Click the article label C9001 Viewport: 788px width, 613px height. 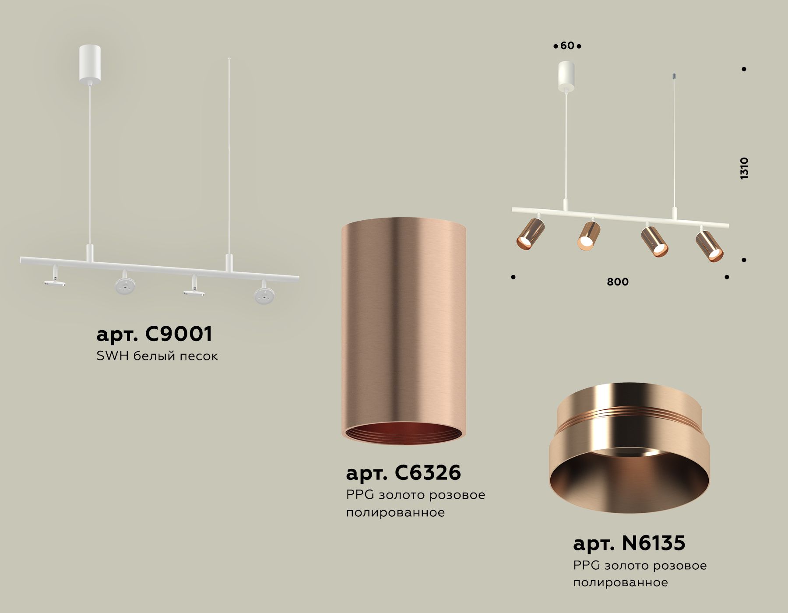[x=154, y=334]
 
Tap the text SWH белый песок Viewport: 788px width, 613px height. [x=157, y=356]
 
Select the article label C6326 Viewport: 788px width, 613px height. [x=403, y=473]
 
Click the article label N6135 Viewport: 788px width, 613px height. [x=629, y=543]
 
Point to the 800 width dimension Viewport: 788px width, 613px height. [x=617, y=282]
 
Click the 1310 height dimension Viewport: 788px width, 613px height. [x=744, y=168]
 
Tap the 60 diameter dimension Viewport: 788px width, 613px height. [x=567, y=46]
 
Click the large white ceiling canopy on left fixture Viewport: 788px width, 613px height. [x=90, y=64]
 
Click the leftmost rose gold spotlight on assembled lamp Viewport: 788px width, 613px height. [x=530, y=234]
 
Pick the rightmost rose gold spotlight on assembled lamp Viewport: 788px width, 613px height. [x=709, y=246]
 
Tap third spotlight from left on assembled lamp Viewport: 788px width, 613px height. [x=654, y=241]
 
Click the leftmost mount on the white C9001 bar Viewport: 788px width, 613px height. [x=55, y=280]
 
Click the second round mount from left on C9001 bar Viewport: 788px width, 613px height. [x=125, y=284]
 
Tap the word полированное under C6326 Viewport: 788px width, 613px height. [x=395, y=512]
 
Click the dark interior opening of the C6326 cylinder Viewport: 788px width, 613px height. [x=403, y=433]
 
